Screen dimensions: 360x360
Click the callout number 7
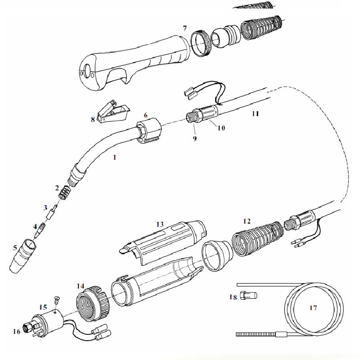tap(185, 28)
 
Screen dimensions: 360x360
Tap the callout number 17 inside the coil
tap(313, 308)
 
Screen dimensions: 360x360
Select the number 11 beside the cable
tap(255, 114)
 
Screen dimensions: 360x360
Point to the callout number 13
tap(160, 224)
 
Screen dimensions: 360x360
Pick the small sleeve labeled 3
tap(52, 212)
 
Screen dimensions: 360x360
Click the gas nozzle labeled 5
tap(23, 256)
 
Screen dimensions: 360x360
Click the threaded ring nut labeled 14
tap(93, 303)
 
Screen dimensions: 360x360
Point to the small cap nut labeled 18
tap(248, 296)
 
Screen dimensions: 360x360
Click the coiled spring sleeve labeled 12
tap(257, 239)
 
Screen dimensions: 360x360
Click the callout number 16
tap(17, 331)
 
